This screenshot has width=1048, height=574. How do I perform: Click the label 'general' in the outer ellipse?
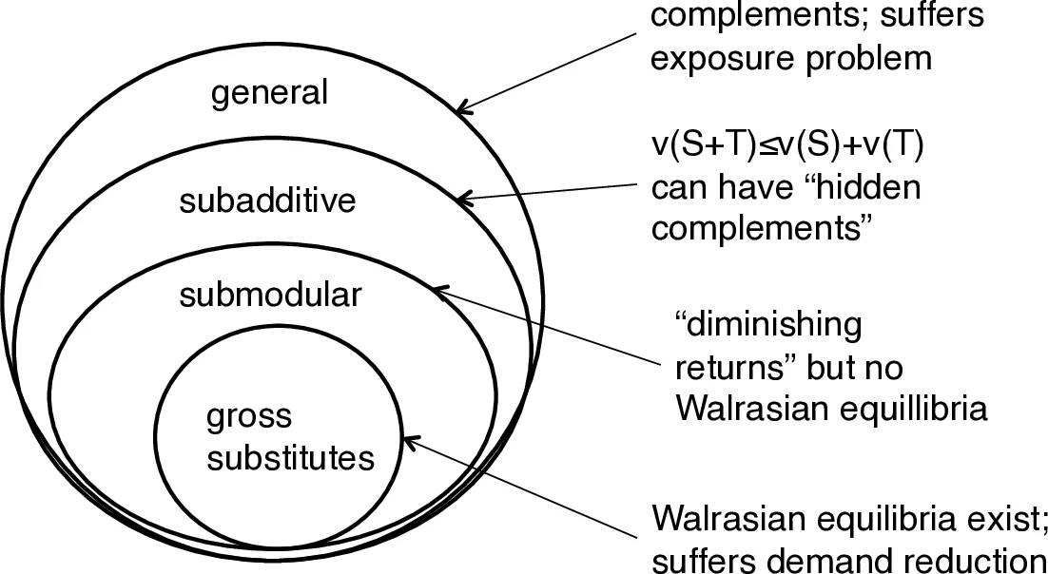[x=269, y=93]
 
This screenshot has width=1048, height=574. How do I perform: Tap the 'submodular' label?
[x=270, y=295]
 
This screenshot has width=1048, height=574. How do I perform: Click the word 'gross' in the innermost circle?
[x=249, y=418]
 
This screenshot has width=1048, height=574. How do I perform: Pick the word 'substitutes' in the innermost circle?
[x=290, y=459]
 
